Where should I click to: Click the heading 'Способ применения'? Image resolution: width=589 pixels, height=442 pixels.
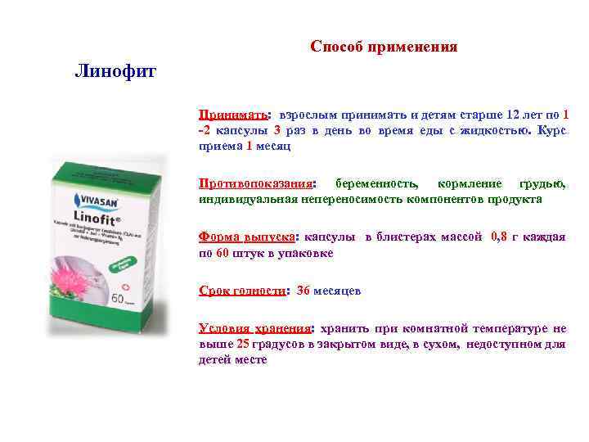pos(384,47)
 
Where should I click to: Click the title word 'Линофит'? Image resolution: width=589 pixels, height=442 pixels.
pos(115,70)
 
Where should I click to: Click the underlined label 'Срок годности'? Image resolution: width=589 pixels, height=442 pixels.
pos(243,291)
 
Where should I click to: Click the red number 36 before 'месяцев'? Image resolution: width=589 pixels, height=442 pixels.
pos(303,291)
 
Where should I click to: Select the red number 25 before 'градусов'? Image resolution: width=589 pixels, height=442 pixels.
pos(244,345)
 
